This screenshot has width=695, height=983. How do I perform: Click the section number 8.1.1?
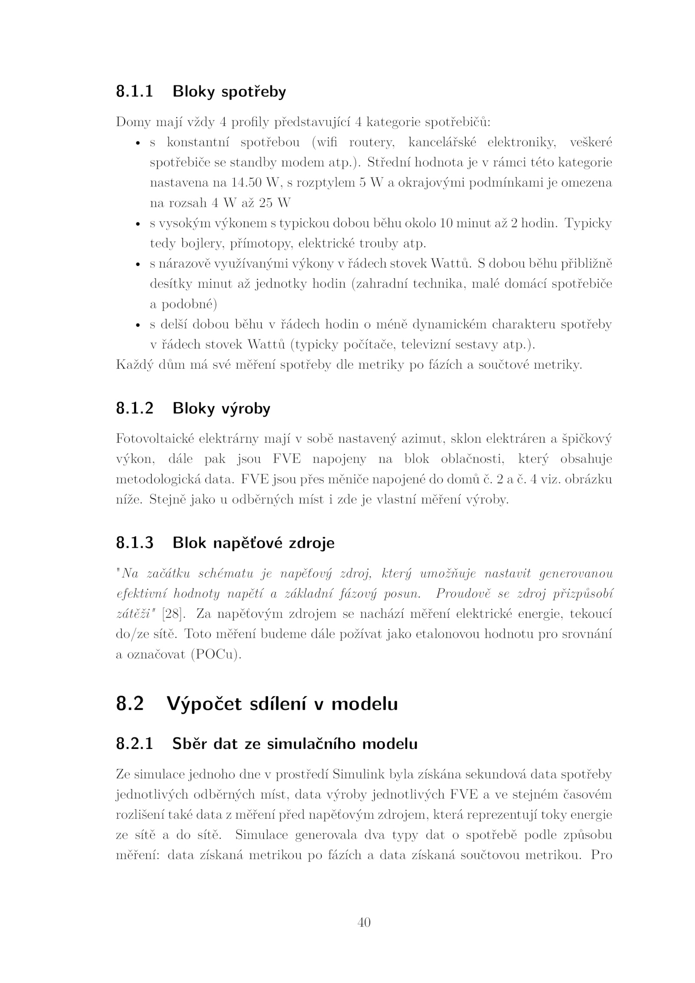(x=135, y=92)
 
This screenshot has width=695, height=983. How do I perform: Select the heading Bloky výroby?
(x=221, y=408)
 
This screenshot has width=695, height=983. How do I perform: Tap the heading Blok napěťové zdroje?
(x=253, y=543)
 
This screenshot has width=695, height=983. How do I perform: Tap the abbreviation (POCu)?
(x=216, y=655)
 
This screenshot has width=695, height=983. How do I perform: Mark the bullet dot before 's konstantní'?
(x=137, y=143)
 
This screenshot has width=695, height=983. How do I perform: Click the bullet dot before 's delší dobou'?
(x=137, y=325)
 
